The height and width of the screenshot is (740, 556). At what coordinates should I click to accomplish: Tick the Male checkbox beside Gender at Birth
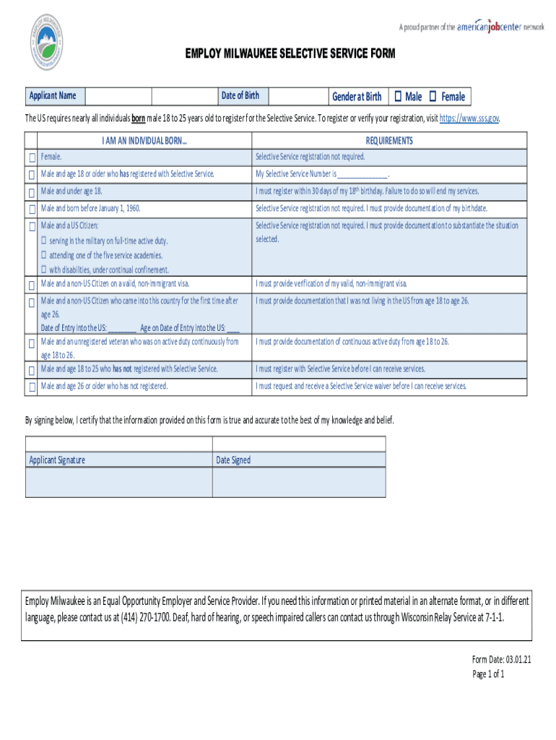pyautogui.click(x=398, y=96)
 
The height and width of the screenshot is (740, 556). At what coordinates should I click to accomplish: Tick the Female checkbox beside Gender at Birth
pyautogui.click(x=433, y=96)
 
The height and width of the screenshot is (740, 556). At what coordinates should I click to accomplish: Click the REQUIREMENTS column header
pyautogui.click(x=389, y=141)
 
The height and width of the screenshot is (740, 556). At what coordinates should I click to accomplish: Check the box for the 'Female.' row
pyautogui.click(x=32, y=158)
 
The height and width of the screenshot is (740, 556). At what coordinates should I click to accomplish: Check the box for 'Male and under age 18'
pyautogui.click(x=32, y=192)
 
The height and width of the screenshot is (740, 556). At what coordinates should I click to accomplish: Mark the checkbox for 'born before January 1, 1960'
pyautogui.click(x=32, y=210)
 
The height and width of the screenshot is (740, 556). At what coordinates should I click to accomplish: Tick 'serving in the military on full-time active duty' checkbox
pyautogui.click(x=44, y=241)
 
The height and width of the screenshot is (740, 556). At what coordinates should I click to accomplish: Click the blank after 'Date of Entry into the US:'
pyautogui.click(x=121, y=327)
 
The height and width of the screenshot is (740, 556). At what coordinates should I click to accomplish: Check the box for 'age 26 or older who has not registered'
pyautogui.click(x=32, y=387)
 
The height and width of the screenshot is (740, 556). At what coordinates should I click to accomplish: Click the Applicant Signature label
pyautogui.click(x=57, y=460)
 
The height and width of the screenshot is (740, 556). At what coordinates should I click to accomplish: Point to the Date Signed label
pyautogui.click(x=233, y=460)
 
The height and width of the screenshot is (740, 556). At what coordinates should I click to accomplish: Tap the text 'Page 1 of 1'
pyautogui.click(x=487, y=674)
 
